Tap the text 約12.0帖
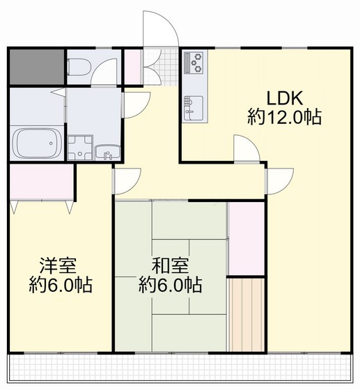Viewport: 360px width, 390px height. (284, 117)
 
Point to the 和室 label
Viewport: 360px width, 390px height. (170, 265)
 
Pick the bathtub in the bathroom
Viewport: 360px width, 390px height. (36, 144)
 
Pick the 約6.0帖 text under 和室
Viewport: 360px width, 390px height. (171, 285)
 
